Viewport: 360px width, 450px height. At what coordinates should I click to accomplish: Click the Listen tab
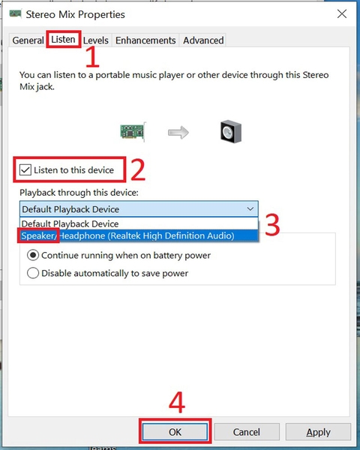pos(63,39)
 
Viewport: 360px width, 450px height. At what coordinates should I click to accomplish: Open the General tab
pos(28,40)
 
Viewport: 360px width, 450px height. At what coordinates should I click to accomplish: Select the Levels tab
pos(96,40)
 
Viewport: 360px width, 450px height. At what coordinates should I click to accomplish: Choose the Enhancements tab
pos(145,40)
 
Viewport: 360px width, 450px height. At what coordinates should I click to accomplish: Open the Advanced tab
pos(203,40)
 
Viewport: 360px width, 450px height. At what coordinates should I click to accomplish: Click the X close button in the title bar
pos(342,13)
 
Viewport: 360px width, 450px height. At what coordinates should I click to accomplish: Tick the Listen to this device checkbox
pos(25,170)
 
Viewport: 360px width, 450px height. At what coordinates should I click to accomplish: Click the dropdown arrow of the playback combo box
pos(250,209)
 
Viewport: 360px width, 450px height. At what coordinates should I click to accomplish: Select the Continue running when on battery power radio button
pos(33,255)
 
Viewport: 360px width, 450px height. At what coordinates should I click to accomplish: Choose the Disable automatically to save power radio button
pos(33,273)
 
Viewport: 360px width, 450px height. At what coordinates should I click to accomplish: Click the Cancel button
pos(247,432)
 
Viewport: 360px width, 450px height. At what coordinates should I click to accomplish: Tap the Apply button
pos(318,432)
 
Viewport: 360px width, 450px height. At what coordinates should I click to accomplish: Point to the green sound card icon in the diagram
pos(133,132)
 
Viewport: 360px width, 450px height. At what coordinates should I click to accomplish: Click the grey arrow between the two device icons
pos(178,132)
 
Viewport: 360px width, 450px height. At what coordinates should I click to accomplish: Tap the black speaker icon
pos(231,131)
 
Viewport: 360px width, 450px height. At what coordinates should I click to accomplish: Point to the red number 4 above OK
pos(177,402)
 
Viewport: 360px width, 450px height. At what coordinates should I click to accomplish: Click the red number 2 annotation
pos(138,169)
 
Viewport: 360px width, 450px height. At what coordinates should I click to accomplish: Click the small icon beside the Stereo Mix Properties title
pos(16,13)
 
